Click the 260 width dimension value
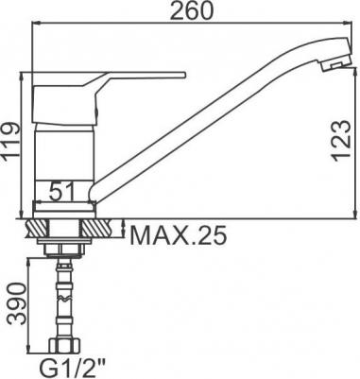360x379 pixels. (x=191, y=10)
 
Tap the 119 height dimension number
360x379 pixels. (x=11, y=142)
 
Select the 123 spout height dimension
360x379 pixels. (x=342, y=140)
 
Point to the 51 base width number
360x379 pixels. (x=62, y=191)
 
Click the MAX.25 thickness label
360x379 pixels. (x=179, y=235)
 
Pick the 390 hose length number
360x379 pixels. (x=16, y=303)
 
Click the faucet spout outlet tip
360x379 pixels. (x=335, y=65)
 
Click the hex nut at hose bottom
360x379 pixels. (x=64, y=345)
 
